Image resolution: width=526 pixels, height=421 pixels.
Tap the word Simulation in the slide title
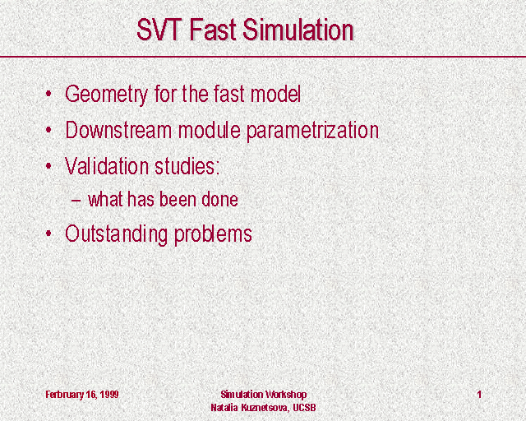pyautogui.click(x=298, y=30)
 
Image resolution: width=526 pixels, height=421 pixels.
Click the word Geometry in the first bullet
pyautogui.click(x=106, y=95)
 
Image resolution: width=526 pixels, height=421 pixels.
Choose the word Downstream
pyautogui.click(x=118, y=130)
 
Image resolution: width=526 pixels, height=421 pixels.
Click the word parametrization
pyautogui.click(x=312, y=132)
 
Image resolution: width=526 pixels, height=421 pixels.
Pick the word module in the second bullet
pyautogui.click(x=209, y=130)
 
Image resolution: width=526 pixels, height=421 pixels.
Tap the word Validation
pyautogui.click(x=106, y=166)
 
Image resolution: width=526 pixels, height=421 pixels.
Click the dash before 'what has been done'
pyautogui.click(x=76, y=201)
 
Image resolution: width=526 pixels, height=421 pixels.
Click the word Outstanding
pyautogui.click(x=116, y=234)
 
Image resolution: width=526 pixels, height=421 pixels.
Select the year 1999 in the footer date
pyautogui.click(x=108, y=394)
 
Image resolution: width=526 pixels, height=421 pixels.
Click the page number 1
pyautogui.click(x=480, y=394)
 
